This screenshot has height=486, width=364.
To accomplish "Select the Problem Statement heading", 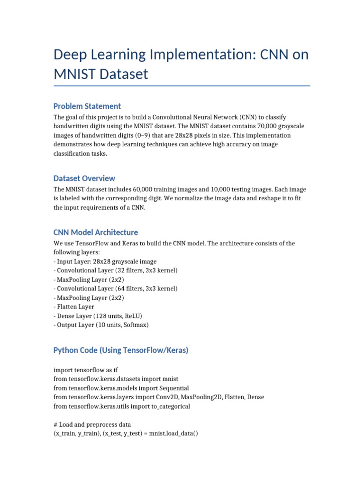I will [x=87, y=106].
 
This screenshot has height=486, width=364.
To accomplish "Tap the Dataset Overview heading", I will [x=84, y=178].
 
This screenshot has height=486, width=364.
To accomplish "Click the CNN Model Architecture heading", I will [x=96, y=232].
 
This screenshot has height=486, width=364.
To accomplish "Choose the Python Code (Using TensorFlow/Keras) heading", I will [x=121, y=350].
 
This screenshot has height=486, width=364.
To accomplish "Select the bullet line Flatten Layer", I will [x=75, y=307].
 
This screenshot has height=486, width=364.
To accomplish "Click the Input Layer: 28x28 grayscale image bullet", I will [x=105, y=262].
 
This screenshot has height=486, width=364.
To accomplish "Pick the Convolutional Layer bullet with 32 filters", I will [x=116, y=271].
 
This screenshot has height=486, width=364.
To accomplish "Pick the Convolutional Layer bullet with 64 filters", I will [x=116, y=289].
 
